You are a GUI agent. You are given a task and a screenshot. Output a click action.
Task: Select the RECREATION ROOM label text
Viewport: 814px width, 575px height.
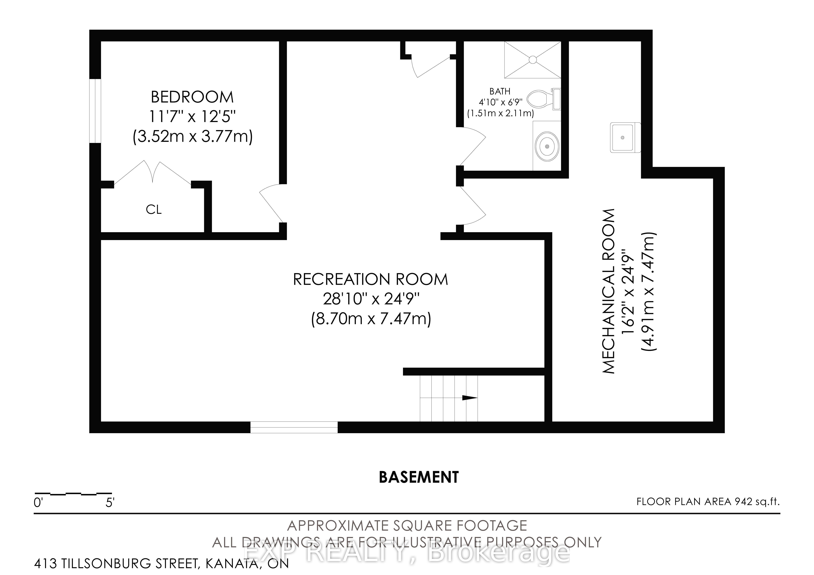coord(370,279)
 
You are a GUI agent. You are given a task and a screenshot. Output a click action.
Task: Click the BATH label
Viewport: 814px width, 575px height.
coord(500,91)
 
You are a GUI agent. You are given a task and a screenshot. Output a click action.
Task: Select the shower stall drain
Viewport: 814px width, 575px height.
coord(532,60)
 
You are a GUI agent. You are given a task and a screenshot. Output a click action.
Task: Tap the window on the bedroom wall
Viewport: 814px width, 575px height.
coord(95,111)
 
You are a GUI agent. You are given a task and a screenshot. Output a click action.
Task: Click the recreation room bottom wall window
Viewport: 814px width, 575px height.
coord(294,427)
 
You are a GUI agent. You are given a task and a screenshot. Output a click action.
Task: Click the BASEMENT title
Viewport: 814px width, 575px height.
coord(419,478)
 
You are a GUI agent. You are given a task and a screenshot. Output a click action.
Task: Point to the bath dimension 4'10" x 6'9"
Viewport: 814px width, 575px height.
coord(501,102)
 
